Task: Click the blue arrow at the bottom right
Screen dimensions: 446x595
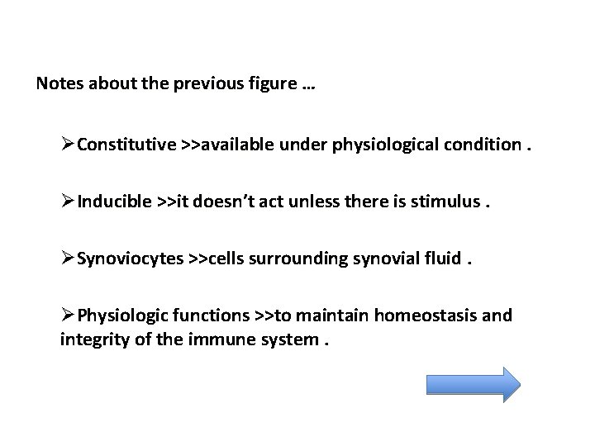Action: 473,384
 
